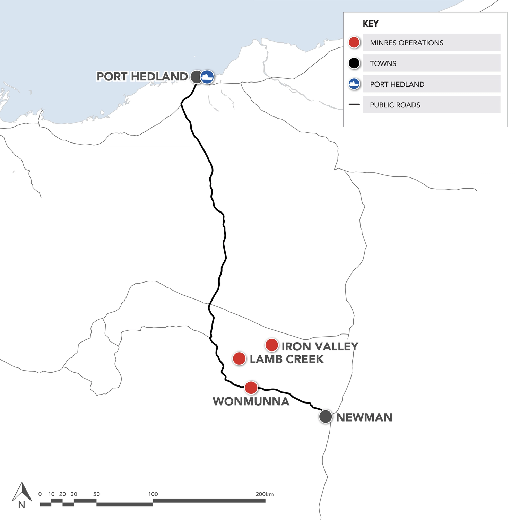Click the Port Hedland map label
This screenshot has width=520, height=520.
tap(142, 77)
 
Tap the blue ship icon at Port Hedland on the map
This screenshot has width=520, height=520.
tap(207, 77)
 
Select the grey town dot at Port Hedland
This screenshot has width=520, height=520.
tap(196, 77)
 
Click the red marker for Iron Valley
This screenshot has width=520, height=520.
tap(272, 345)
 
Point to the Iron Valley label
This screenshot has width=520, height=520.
tap(320, 346)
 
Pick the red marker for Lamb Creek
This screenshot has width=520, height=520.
tap(239, 358)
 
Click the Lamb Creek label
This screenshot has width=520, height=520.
tap(287, 359)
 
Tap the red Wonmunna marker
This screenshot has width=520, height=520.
tap(251, 388)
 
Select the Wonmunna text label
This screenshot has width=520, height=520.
tap(251, 401)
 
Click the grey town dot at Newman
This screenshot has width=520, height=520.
tap(326, 416)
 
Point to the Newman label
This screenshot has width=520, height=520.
tap(364, 417)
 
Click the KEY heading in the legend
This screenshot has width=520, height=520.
tap(371, 24)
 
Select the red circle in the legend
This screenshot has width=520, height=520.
tap(354, 43)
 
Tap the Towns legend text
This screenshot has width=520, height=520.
tap(383, 63)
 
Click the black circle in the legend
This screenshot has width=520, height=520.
tap(354, 63)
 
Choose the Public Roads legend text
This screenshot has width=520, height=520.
tap(395, 105)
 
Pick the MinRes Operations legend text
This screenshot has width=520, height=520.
tap(406, 43)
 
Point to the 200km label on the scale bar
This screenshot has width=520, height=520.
tap(265, 494)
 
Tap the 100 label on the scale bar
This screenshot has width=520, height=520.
tap(153, 494)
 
